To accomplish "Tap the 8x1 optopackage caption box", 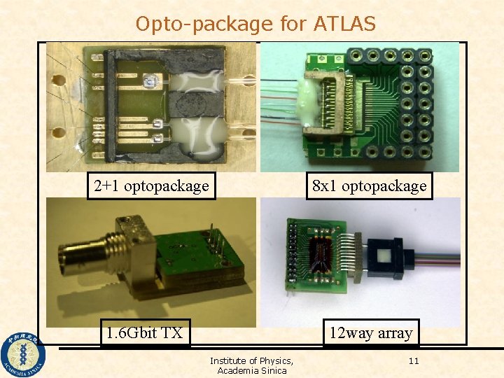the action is click(369, 186).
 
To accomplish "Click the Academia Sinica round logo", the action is click(22, 354).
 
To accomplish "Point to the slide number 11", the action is click(413, 361).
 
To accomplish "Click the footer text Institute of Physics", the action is click(251, 361).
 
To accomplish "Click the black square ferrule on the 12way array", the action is click(384, 257).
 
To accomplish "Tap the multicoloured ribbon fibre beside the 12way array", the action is click(437, 257).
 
